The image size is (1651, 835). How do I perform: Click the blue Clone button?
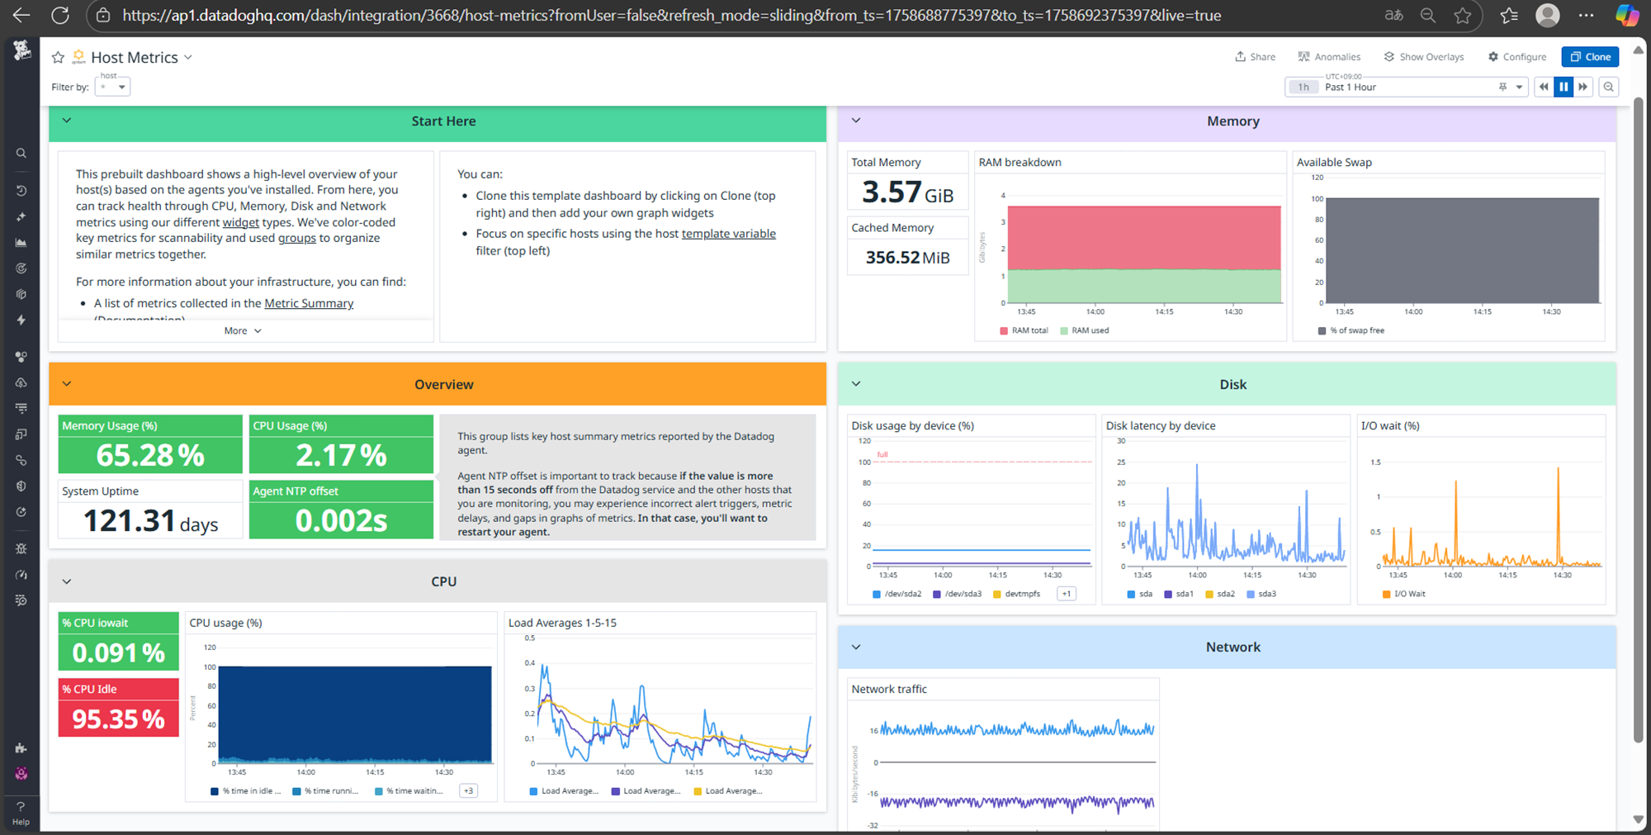tap(1589, 57)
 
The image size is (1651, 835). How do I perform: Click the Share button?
tap(1255, 57)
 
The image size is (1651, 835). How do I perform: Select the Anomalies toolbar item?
tap(1329, 57)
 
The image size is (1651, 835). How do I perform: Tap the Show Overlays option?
tap(1424, 57)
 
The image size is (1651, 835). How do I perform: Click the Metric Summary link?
tap(309, 303)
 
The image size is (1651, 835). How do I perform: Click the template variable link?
tap(728, 234)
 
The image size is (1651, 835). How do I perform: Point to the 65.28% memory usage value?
tap(150, 455)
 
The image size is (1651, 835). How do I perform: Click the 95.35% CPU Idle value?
tap(119, 719)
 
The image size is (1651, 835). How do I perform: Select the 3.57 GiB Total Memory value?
tap(907, 192)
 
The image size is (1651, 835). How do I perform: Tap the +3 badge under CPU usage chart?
tap(468, 791)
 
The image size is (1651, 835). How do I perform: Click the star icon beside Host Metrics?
tap(58, 57)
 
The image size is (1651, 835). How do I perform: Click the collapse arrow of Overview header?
tap(67, 384)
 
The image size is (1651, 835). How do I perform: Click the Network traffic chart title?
tap(889, 689)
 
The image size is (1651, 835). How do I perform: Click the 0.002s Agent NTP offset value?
tap(341, 521)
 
